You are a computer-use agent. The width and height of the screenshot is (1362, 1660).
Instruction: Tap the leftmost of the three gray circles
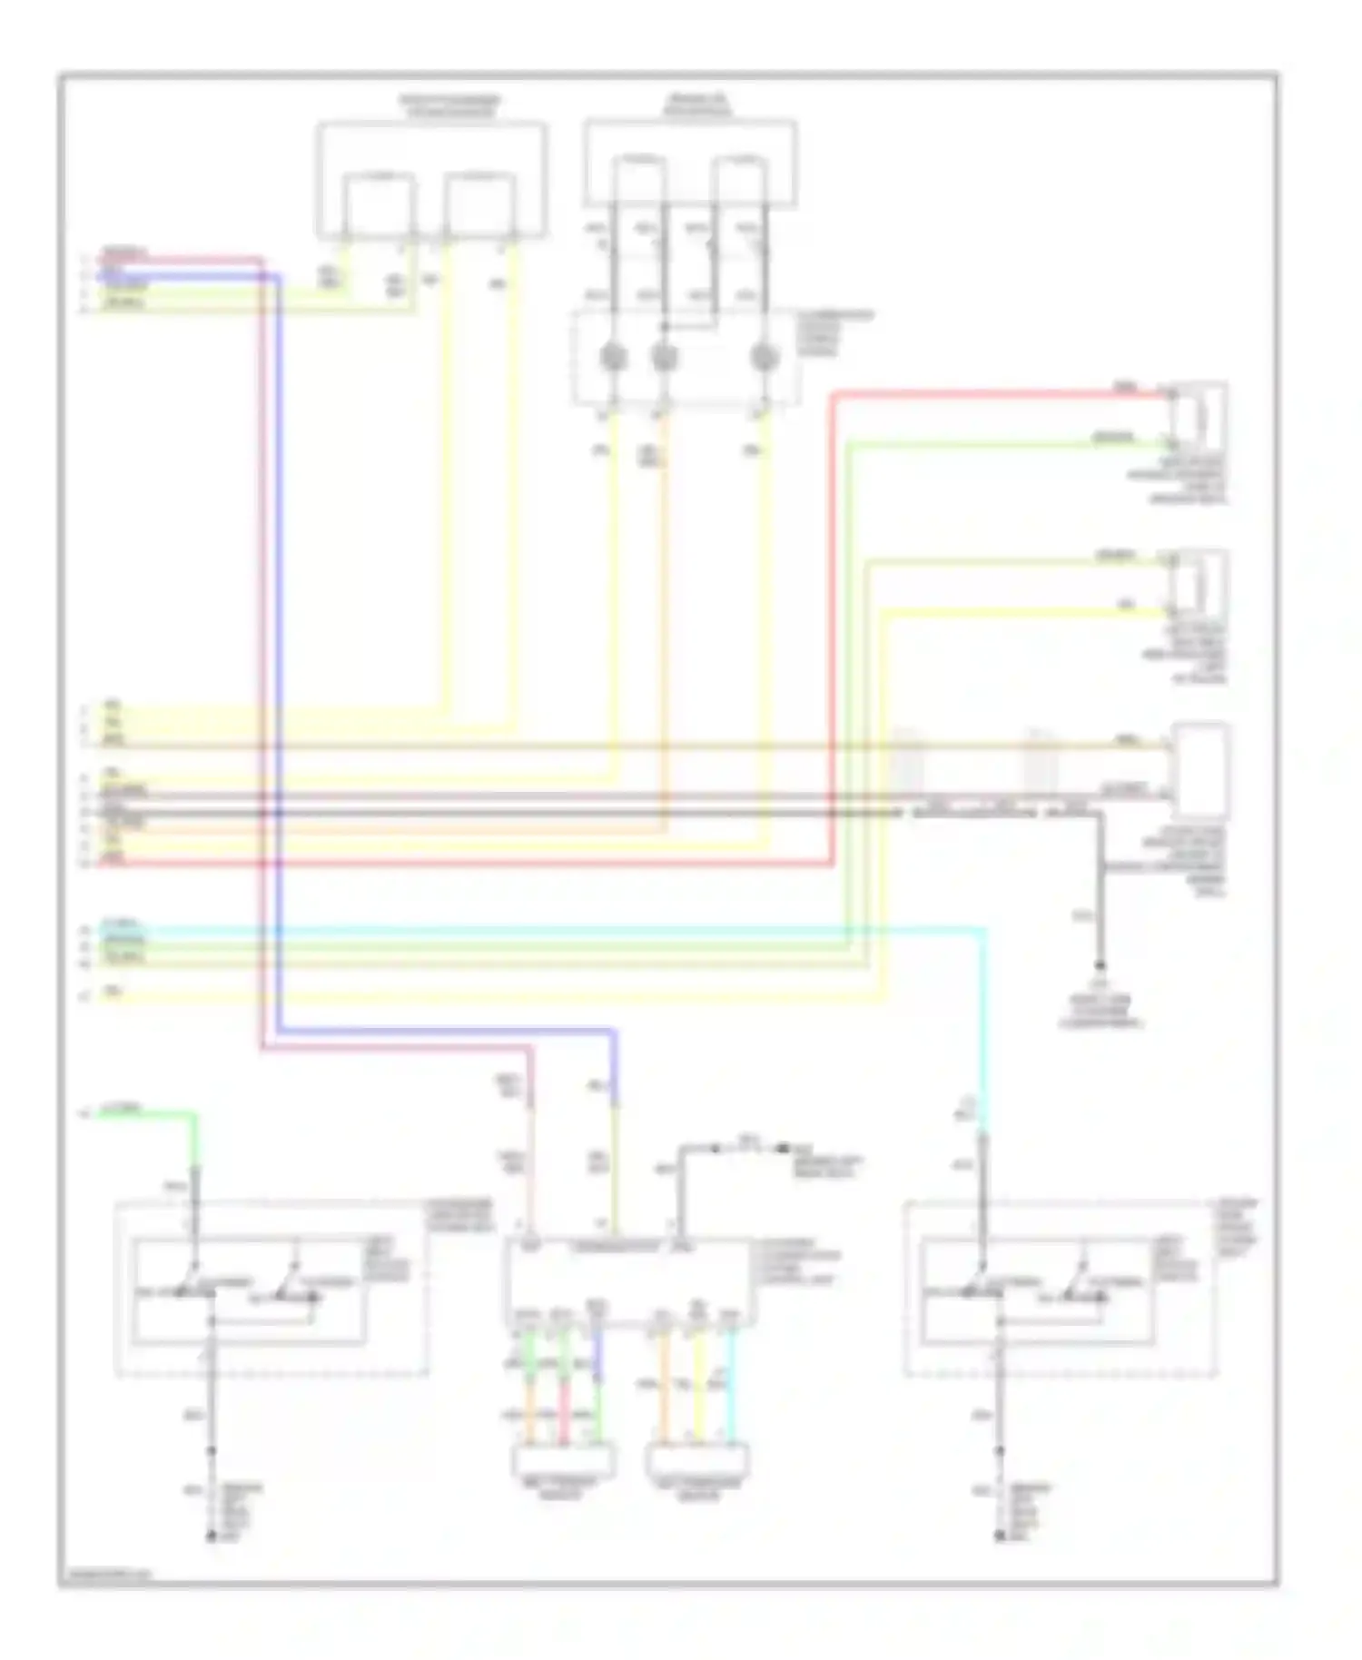click(614, 358)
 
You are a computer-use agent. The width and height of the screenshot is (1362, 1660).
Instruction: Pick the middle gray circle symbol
click(665, 358)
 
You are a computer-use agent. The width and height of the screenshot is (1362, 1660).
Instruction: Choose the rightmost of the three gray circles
click(765, 358)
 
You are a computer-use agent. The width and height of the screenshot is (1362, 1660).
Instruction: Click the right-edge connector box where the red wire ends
click(1199, 414)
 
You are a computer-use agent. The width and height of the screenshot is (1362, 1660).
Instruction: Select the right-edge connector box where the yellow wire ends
click(1199, 581)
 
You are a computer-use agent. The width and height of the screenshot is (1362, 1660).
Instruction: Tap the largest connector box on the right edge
click(1201, 768)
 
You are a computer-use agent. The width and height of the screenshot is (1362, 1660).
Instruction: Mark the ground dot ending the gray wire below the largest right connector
click(1100, 965)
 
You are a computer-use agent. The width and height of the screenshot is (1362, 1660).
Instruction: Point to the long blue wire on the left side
click(278, 636)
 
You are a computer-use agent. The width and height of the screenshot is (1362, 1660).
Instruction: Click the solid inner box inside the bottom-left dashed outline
click(249, 1289)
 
